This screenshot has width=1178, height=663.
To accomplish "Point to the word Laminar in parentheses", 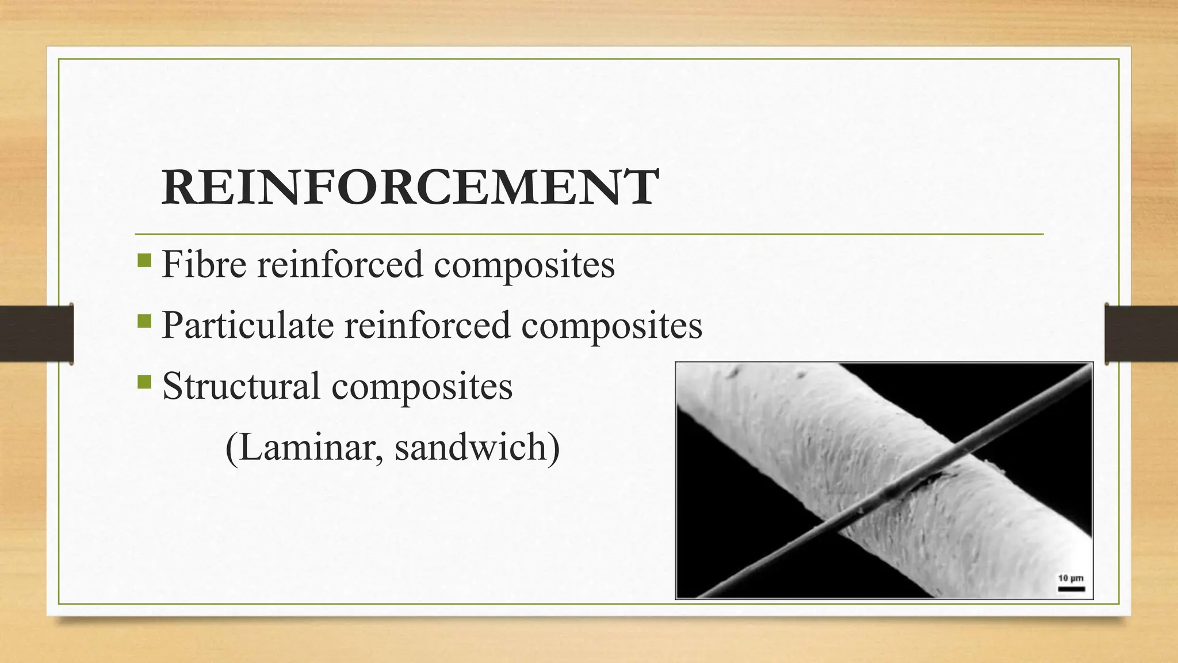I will point(305,447).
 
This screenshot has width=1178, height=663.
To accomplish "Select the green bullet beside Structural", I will point(144,382).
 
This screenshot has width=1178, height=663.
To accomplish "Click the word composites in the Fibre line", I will point(524,265).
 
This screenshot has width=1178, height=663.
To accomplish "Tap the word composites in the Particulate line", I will point(611,326).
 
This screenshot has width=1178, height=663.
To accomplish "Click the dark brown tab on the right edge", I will point(1141,334).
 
